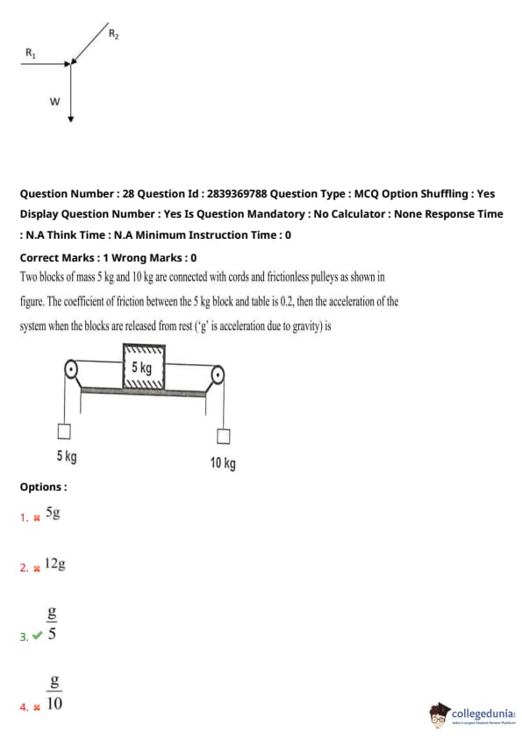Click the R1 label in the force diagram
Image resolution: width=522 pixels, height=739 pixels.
(x=30, y=53)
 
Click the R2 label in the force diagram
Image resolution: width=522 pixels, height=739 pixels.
(x=113, y=33)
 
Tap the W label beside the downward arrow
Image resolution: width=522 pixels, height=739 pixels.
(x=54, y=101)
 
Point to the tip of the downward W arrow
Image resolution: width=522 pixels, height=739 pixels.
(x=71, y=122)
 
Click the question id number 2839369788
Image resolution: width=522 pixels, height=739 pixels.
(x=237, y=194)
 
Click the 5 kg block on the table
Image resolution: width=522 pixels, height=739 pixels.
(x=144, y=367)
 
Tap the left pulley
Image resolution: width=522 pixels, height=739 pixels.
(x=71, y=369)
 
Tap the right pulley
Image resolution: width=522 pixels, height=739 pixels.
(x=218, y=376)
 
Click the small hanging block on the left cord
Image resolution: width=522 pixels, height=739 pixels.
(x=64, y=431)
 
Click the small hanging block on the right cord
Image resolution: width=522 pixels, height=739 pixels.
(x=224, y=437)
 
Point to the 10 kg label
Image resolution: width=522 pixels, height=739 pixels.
(x=223, y=463)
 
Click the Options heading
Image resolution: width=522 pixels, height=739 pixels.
(x=43, y=487)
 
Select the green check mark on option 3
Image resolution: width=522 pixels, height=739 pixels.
(x=38, y=635)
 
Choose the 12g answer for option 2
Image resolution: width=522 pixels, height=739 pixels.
(x=55, y=563)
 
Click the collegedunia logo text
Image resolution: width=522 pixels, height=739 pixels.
(x=483, y=713)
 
